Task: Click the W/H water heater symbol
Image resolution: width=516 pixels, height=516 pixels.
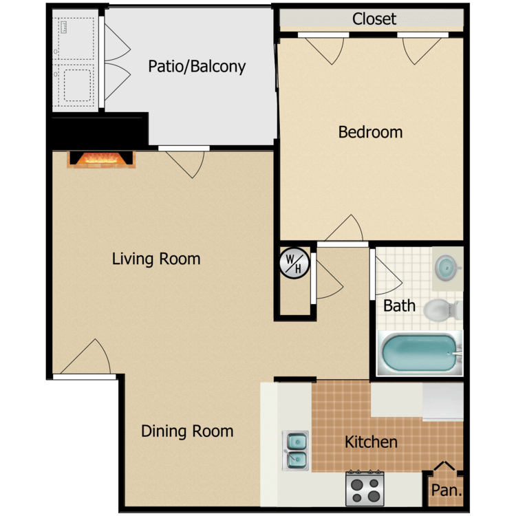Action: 294,264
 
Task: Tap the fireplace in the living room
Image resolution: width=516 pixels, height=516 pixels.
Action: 101,160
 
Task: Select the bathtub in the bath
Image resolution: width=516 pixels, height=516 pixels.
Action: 420,353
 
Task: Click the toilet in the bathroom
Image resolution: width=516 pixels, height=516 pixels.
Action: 443,310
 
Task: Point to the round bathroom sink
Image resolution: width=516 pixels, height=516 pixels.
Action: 447,268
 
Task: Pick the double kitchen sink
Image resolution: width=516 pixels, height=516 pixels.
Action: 295,451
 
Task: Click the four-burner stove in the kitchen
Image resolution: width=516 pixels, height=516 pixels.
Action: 365,489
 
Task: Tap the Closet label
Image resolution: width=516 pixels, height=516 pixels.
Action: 374,19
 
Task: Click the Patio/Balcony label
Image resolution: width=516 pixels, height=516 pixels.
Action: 197,67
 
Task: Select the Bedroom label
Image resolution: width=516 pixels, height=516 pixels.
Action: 370,132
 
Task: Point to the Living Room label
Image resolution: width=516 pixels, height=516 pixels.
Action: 156,259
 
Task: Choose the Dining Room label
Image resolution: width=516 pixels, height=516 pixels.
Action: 187,431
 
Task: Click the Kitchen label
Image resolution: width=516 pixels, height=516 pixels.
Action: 371,442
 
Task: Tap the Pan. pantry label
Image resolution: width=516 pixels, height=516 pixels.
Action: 447,491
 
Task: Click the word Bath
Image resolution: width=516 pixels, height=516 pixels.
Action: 399,306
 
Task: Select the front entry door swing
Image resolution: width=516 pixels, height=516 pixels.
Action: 86,358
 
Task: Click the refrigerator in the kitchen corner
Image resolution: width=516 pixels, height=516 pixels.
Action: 443,402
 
